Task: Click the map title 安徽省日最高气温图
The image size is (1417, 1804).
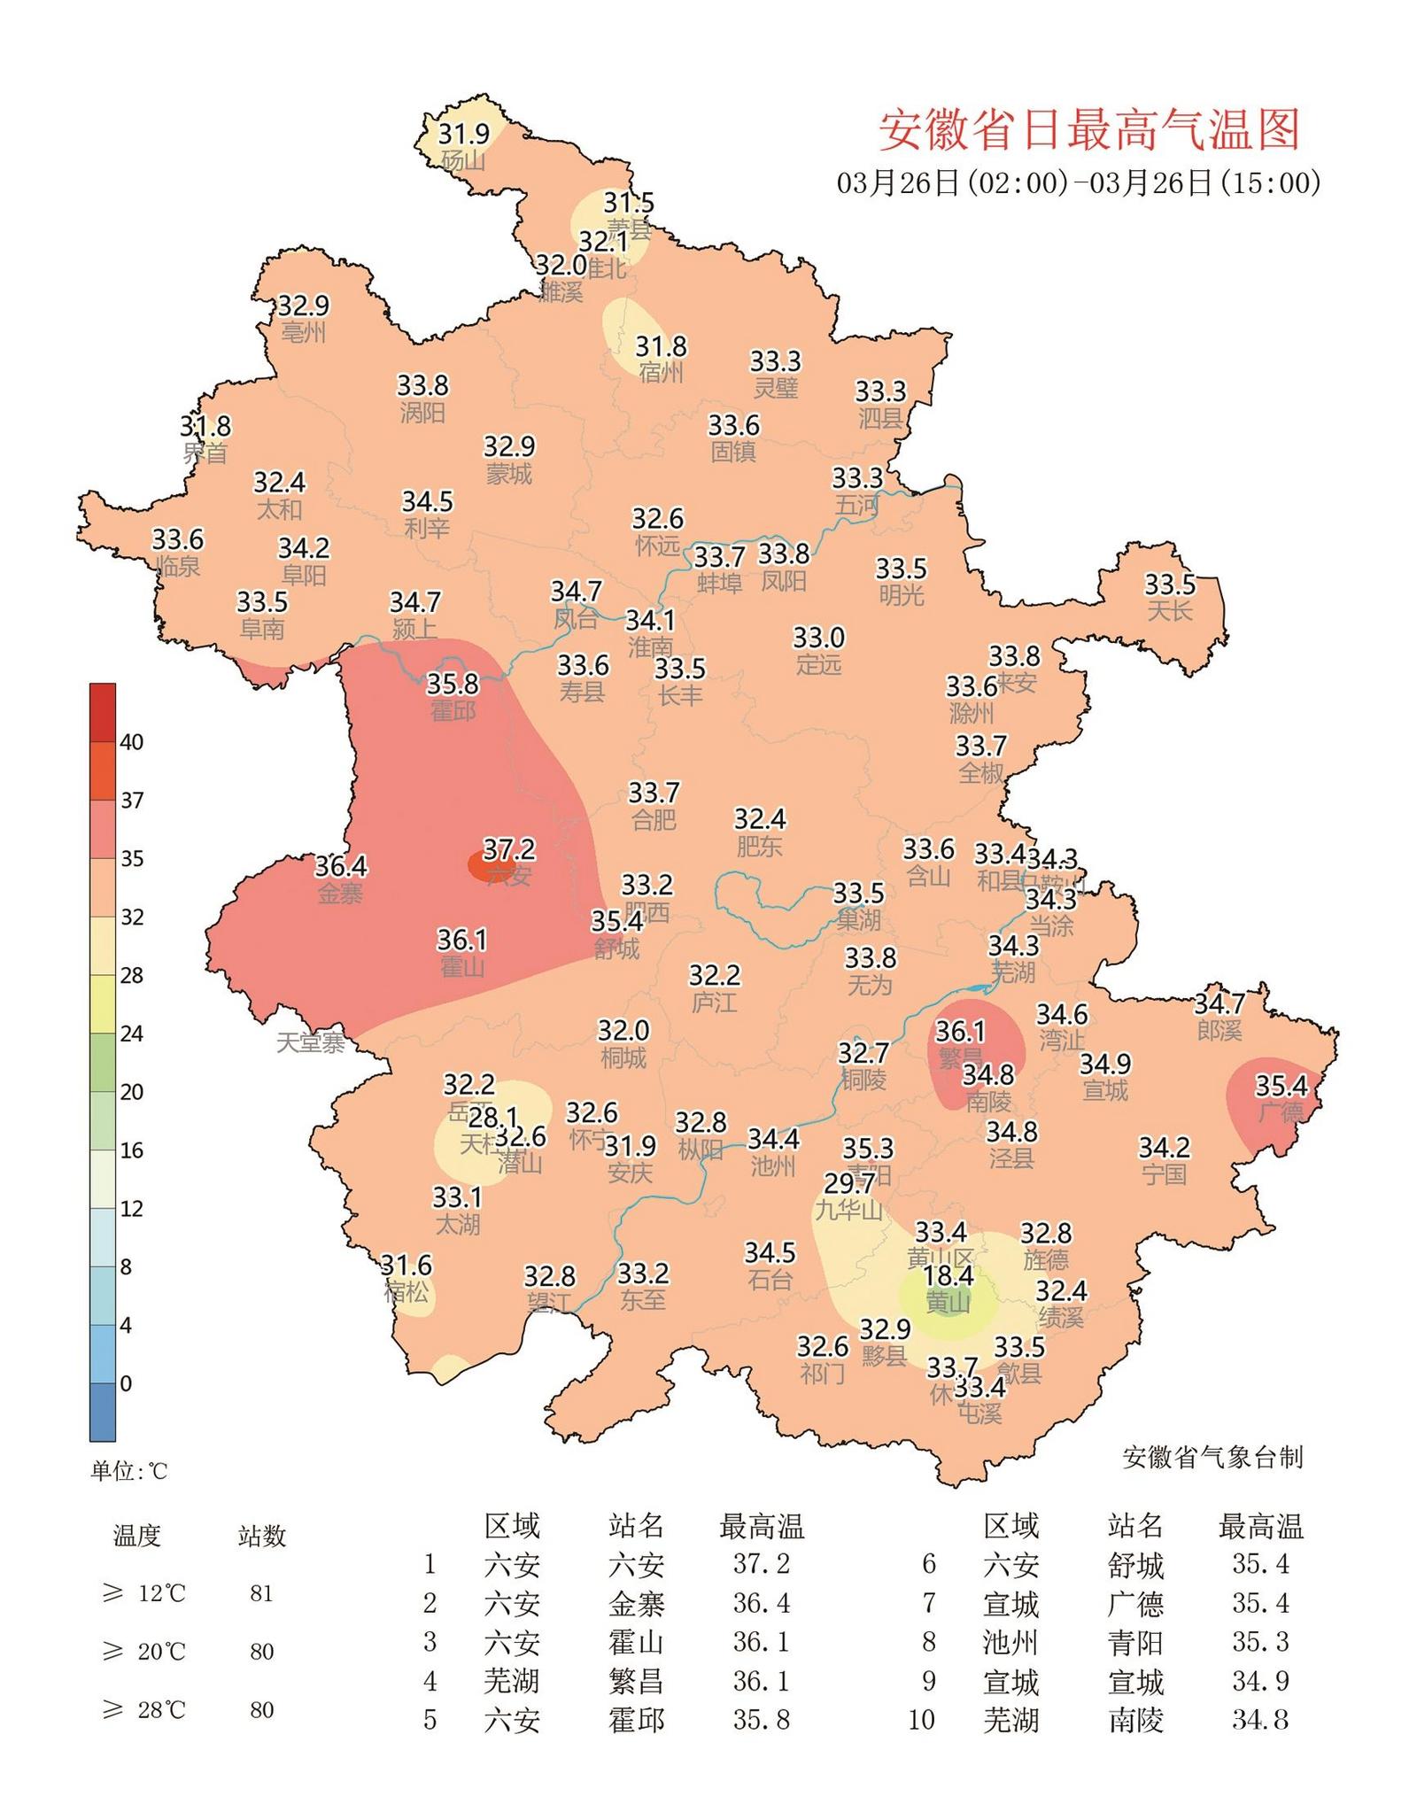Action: coord(1088,130)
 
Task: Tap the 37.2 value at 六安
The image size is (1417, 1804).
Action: coord(508,849)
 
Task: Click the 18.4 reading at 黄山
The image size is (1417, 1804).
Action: coord(948,1275)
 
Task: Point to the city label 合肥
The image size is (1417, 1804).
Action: coord(654,819)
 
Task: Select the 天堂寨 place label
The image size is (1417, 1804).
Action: coord(310,1042)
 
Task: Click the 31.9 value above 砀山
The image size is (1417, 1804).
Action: coord(464,134)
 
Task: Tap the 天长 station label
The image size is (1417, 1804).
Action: coord(1169,611)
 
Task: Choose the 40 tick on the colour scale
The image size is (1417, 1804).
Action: coord(131,742)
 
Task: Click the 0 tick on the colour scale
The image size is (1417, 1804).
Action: coord(126,1383)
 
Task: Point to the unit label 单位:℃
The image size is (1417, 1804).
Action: coord(128,1471)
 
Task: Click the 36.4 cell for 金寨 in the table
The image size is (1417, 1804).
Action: coord(761,1603)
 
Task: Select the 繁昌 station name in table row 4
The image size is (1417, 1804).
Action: coord(635,1681)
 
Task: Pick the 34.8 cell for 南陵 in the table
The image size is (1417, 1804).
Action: coord(1259,1720)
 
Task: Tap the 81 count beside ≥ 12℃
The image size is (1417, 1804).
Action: coord(261,1593)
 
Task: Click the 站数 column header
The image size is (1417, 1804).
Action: coord(261,1536)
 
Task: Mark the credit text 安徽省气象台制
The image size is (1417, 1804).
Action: coord(1212,1458)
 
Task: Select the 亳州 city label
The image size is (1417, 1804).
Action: coord(303,333)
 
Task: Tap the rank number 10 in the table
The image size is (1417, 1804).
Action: coord(921,1720)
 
